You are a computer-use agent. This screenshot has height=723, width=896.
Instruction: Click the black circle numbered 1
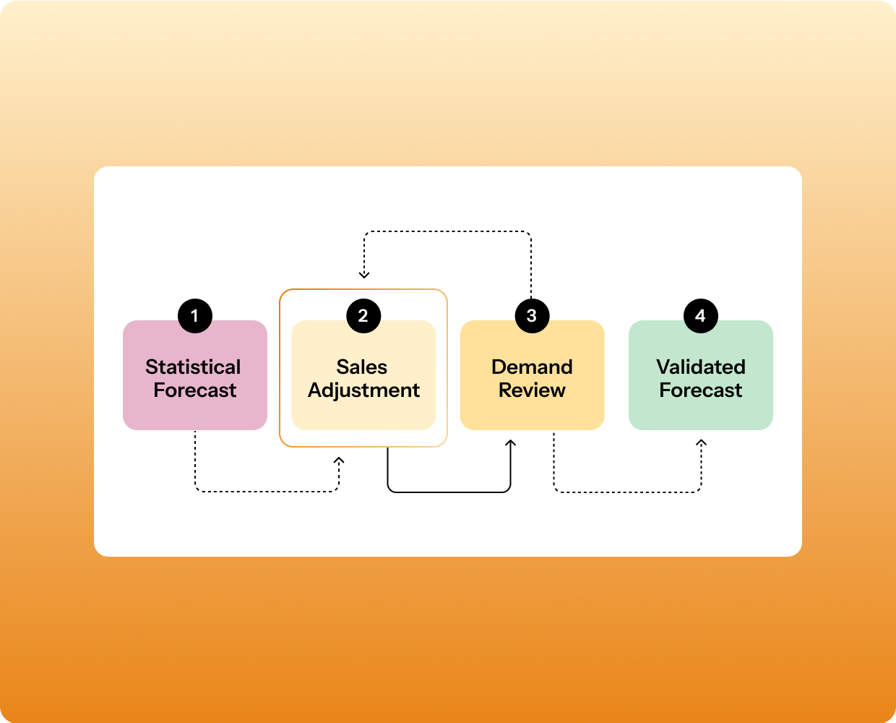pos(195,316)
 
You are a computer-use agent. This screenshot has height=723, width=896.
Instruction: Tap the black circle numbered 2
pos(363,316)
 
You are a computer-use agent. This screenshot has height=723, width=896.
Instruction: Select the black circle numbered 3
pos(532,316)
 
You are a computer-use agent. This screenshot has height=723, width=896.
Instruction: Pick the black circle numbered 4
pos(700,316)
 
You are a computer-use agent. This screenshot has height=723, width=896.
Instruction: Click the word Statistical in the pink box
pos(193,367)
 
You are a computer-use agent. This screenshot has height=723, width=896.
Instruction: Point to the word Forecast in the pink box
pos(195,390)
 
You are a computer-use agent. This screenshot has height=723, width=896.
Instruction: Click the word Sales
pos(362,367)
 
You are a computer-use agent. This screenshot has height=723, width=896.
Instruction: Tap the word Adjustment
pos(363,390)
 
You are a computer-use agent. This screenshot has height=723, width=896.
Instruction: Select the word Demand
pos(532,367)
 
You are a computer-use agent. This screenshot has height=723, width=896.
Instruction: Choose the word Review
pos(532,390)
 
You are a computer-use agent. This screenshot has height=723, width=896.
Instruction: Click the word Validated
pos(700,367)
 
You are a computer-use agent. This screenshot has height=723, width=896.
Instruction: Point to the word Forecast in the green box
pos(700,390)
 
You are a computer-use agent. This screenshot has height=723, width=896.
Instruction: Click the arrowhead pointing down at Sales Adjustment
pos(364,275)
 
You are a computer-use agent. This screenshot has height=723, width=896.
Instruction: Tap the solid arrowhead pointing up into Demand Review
pos(510,442)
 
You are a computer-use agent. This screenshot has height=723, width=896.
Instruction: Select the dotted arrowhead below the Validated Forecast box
pos(701,442)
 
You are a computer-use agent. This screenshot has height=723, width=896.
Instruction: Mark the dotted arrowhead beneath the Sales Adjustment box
pos(339,461)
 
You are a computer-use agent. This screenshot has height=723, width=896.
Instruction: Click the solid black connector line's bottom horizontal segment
pos(449,492)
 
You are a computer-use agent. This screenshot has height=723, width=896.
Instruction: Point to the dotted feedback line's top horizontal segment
pos(448,232)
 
